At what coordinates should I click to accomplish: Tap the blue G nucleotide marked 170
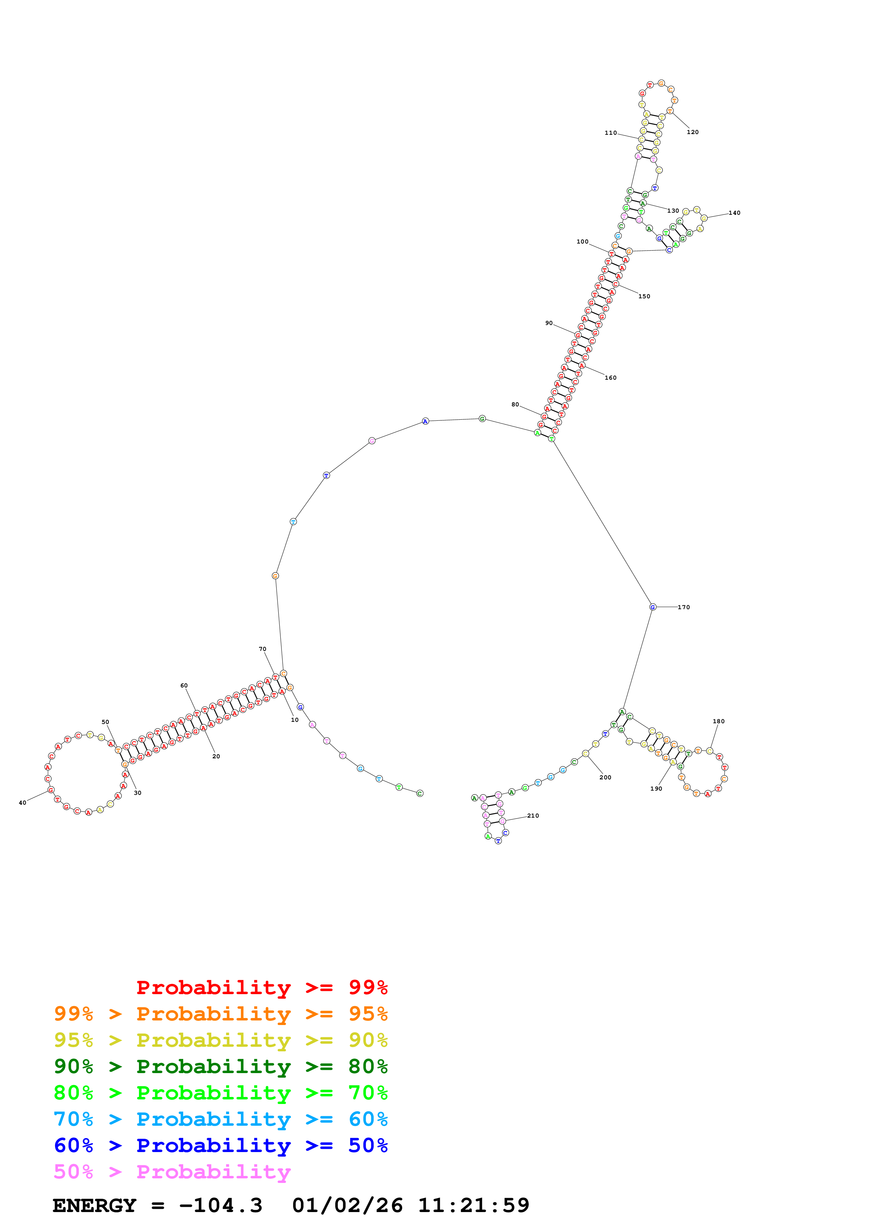pyautogui.click(x=652, y=607)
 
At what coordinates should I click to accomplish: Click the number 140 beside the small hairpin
pyautogui.click(x=735, y=213)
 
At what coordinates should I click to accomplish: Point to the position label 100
pyautogui.click(x=583, y=242)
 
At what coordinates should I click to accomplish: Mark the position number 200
pyautogui.click(x=605, y=777)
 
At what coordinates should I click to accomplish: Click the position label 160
pyautogui.click(x=611, y=378)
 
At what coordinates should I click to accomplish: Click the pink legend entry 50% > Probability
pyautogui.click(x=172, y=1172)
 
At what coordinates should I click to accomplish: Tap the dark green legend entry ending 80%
pyautogui.click(x=220, y=1066)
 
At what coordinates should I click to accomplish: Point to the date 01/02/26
pyautogui.click(x=347, y=1206)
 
